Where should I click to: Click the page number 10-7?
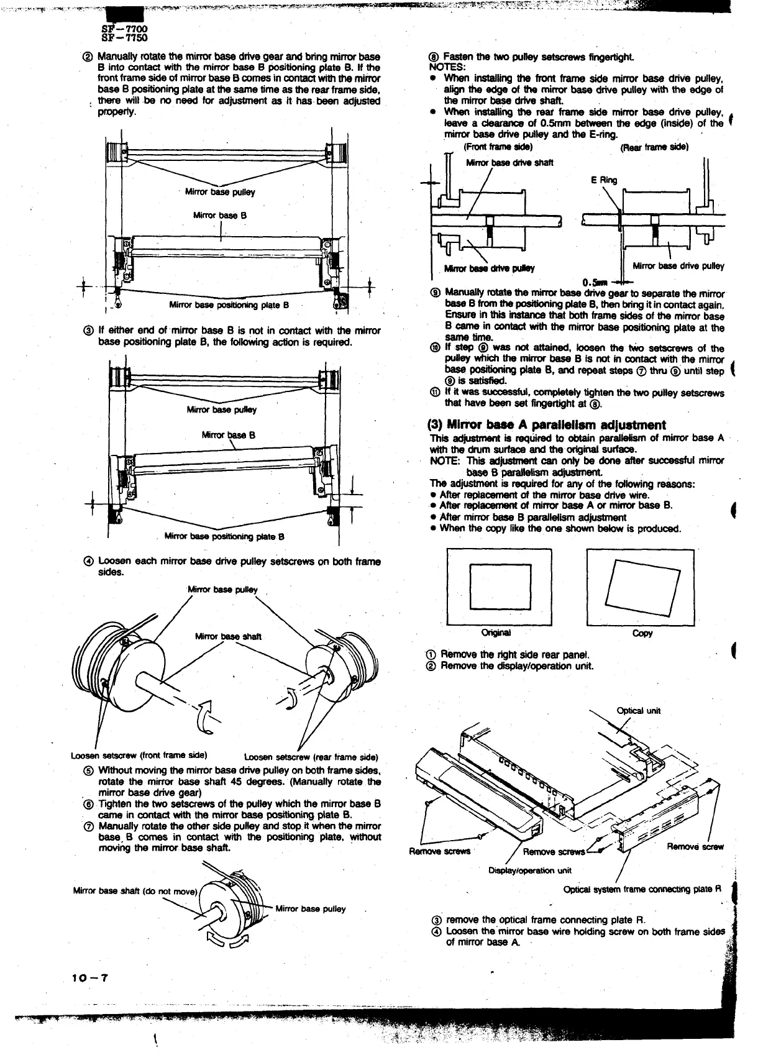91,977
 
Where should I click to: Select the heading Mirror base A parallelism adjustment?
547,425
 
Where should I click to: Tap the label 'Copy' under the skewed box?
642,633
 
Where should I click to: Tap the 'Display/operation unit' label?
530,870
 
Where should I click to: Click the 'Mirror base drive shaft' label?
509,163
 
